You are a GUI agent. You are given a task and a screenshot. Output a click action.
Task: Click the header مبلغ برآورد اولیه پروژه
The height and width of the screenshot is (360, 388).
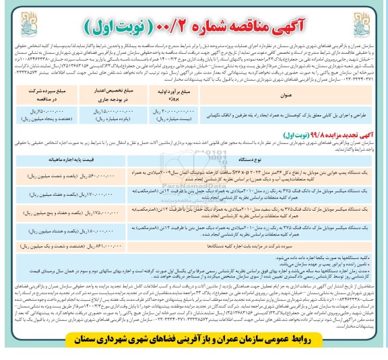(x=164, y=96)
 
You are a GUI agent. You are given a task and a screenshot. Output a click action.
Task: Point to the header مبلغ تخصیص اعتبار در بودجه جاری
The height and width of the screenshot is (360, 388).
(x=108, y=96)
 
